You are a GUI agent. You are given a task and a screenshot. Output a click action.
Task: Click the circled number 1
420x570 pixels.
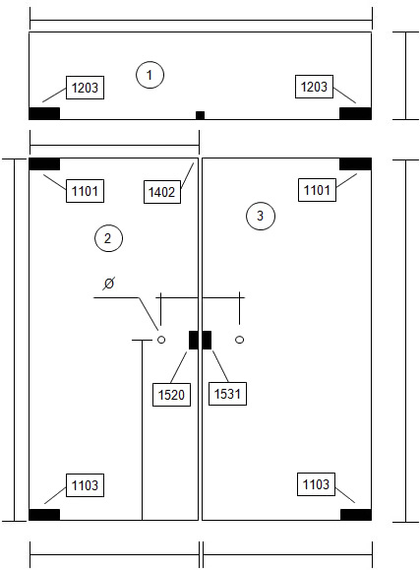[x=150, y=75]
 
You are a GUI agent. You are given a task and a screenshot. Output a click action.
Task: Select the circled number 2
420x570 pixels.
[x=108, y=238]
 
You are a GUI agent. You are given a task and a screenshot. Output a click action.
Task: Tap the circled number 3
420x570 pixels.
[x=261, y=216]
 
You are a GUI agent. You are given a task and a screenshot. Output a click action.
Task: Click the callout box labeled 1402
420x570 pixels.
[x=162, y=192]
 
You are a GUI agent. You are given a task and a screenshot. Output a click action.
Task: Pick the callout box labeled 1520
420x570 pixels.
[x=171, y=395]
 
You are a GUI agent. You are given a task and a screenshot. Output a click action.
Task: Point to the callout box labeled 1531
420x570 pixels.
[x=227, y=394]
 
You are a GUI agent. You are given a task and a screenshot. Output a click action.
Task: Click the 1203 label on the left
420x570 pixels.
[x=85, y=88]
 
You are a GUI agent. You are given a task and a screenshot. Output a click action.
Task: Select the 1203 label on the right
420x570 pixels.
[x=315, y=87]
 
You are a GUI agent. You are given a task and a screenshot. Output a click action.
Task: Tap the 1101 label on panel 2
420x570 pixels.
[x=85, y=191]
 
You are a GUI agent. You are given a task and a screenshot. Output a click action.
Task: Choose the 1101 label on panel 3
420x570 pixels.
[x=317, y=190]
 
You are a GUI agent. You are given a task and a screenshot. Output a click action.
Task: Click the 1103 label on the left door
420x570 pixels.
[x=85, y=485]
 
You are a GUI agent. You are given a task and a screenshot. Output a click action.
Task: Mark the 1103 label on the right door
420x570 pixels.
[x=316, y=484]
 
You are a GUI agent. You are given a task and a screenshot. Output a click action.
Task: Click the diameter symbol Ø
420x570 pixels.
[x=108, y=284]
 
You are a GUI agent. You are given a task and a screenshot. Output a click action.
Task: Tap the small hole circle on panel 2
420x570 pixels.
[x=161, y=340]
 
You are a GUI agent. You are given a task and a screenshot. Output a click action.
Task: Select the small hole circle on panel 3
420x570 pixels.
[x=239, y=340]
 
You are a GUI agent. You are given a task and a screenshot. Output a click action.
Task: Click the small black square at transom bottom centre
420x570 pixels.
[x=200, y=115]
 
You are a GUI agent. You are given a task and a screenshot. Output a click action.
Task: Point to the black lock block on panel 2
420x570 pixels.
[x=194, y=340]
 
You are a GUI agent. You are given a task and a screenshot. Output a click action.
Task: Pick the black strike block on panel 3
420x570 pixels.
[x=207, y=340]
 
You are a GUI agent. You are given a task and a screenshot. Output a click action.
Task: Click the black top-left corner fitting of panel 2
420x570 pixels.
[x=44, y=164]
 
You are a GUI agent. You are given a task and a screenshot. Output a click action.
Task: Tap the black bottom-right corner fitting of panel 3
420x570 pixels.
[x=356, y=515]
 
